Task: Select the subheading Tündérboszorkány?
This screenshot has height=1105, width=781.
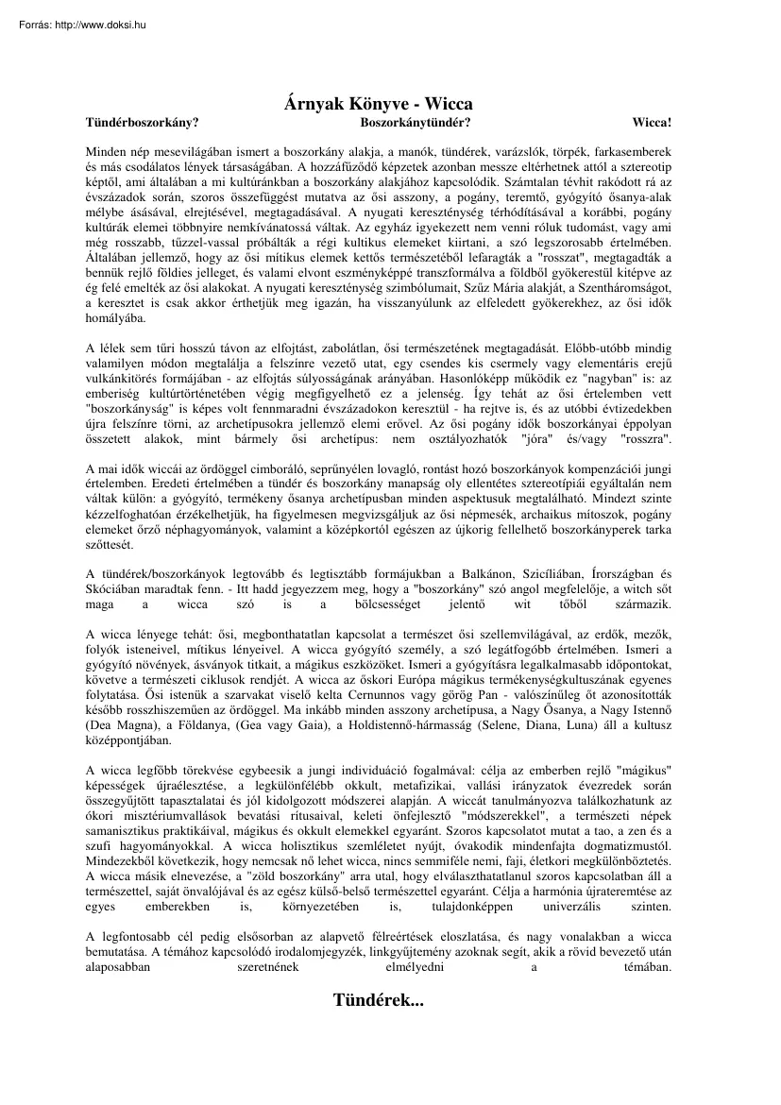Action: [143, 123]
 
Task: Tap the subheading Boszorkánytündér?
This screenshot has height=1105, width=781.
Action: [416, 123]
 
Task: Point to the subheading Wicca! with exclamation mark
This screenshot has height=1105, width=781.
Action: [653, 123]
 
